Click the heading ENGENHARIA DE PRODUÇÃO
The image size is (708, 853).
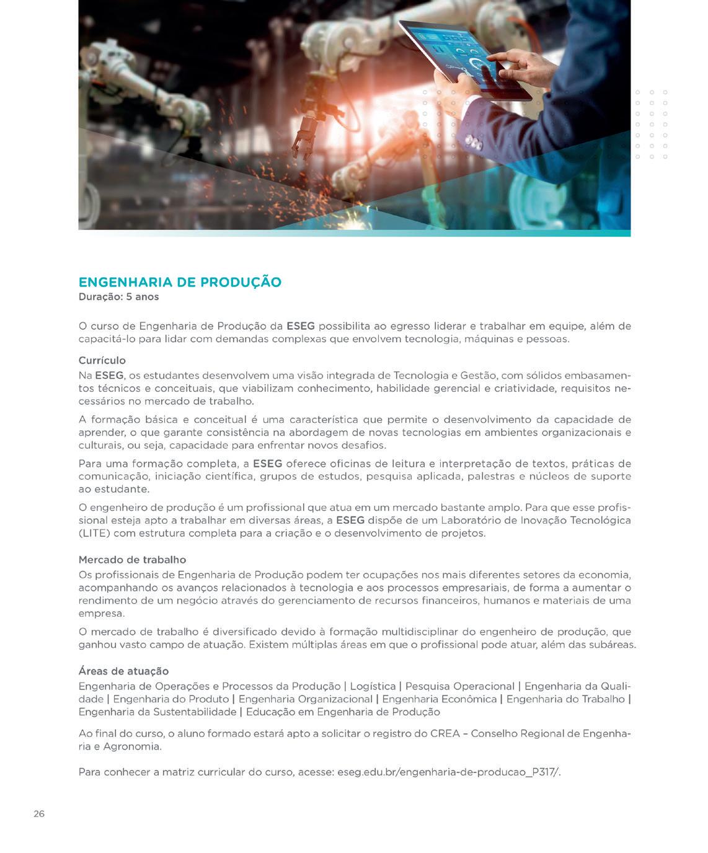[180, 282]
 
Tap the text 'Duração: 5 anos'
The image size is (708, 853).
[118, 297]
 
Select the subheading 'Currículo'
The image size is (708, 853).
[102, 360]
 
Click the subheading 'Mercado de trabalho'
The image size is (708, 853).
[132, 560]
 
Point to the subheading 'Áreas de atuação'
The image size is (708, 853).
[123, 671]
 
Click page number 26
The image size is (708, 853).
[39, 814]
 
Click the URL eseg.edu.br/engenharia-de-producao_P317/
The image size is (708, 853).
[448, 772]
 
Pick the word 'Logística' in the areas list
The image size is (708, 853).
[373, 686]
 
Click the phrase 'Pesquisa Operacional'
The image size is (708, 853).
[459, 686]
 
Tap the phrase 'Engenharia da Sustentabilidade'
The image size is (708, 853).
[157, 712]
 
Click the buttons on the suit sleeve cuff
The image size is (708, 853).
[473, 141]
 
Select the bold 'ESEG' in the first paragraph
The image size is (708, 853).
[300, 326]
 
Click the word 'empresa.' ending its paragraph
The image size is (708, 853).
[102, 614]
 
